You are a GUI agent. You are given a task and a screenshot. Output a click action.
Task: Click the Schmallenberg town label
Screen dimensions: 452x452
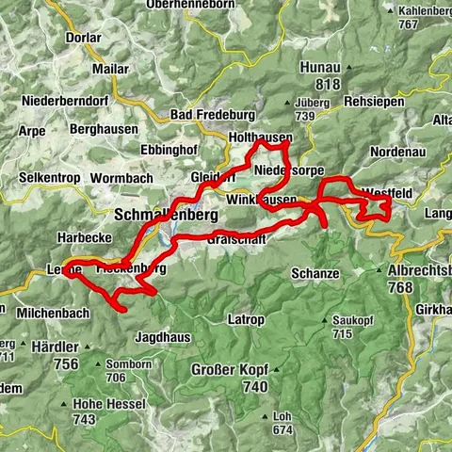coord(165,215)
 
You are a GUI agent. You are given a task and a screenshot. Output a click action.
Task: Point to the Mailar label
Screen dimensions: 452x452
coord(109,69)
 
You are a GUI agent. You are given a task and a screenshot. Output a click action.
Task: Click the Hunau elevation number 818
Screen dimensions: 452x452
coord(327,85)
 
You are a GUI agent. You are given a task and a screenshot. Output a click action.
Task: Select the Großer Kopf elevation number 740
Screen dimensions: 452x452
coord(229,386)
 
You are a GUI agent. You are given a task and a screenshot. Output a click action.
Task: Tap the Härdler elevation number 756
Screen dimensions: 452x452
coord(65,364)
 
